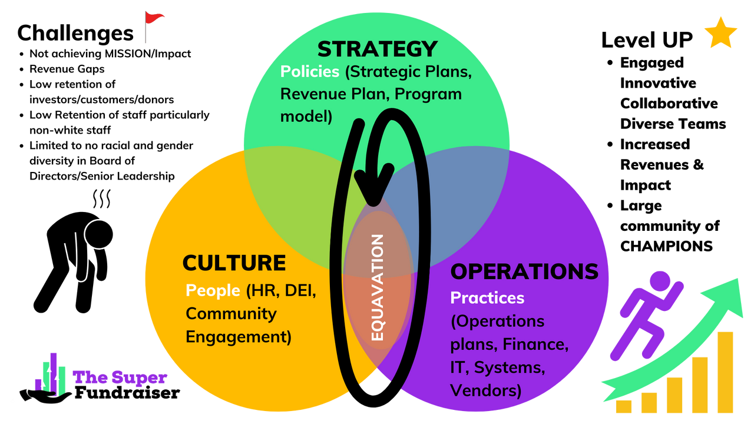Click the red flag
coord(155,18)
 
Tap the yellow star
coord(720,34)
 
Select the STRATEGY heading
coord(378,49)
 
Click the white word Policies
coord(310,72)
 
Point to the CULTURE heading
coord(234,263)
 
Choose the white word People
coord(213,290)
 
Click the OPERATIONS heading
coord(524,271)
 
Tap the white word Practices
coord(487,298)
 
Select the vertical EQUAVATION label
coord(378,287)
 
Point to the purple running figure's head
coord(659,280)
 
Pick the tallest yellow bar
coord(725,372)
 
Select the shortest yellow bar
coord(624,407)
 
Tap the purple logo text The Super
coord(120,377)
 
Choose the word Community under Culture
coord(231,314)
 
